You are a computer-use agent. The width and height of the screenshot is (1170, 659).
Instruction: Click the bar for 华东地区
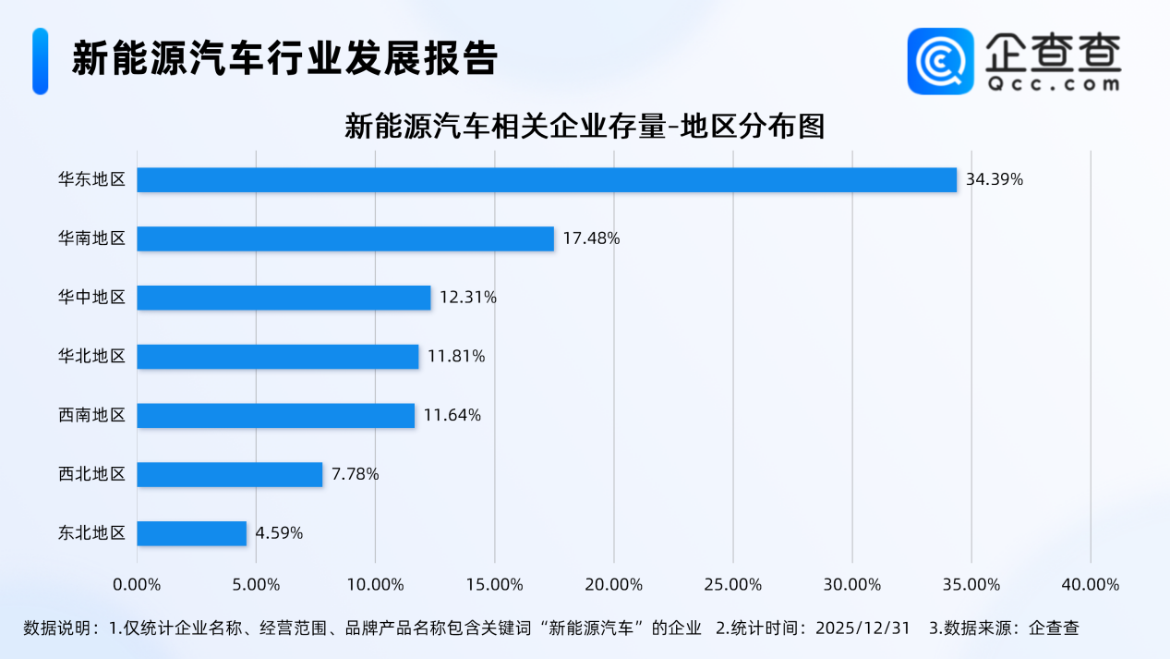click(x=547, y=179)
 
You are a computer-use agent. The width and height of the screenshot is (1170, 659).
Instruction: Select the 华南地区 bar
click(x=345, y=238)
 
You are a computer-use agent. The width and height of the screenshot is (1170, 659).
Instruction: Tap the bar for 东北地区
click(x=192, y=533)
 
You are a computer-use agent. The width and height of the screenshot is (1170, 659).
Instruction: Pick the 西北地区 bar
click(x=230, y=474)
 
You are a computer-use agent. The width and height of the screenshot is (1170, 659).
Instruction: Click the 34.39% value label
click(x=995, y=179)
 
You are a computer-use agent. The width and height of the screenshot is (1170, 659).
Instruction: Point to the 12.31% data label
click(x=468, y=298)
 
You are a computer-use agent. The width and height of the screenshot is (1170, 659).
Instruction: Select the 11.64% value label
click(x=452, y=415)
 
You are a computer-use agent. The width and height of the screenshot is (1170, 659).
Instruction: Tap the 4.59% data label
click(x=279, y=533)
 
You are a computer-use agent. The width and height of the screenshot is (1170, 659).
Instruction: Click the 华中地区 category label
click(x=91, y=298)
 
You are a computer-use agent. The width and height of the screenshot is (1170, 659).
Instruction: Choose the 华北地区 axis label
click(x=91, y=356)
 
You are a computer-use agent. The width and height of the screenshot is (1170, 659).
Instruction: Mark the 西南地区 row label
click(x=91, y=415)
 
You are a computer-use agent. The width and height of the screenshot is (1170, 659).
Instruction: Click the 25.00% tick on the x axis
click(x=732, y=585)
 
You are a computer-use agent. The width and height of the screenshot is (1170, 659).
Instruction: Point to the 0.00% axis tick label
click(x=137, y=585)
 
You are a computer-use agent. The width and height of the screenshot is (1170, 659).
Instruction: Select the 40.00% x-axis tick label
click(x=1090, y=585)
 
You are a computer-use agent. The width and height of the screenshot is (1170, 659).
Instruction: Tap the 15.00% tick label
click(x=494, y=585)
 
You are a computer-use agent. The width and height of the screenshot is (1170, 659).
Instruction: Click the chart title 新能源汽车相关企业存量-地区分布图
click(x=584, y=126)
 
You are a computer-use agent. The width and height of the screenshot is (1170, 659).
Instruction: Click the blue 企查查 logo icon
click(x=940, y=61)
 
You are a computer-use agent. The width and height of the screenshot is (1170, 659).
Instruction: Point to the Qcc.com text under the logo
click(x=1052, y=84)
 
